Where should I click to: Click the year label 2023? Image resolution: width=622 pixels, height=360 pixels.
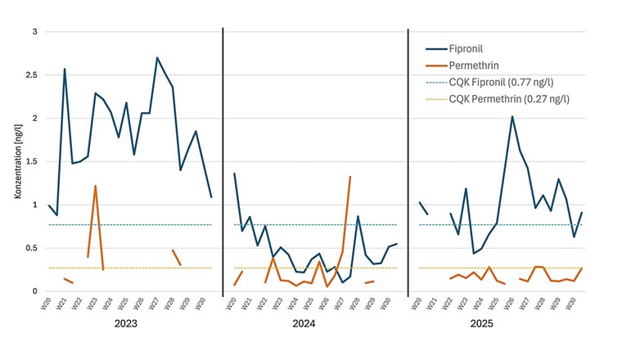pos(126,324)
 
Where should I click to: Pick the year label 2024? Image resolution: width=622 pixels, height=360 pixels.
pos(314,324)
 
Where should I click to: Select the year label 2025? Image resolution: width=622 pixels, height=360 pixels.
pos(502,324)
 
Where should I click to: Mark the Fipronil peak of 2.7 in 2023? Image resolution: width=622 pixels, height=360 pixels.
pos(157,57)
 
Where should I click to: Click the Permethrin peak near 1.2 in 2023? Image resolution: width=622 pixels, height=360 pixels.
pos(95,186)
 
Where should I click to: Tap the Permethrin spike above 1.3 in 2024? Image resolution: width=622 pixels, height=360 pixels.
pos(350,177)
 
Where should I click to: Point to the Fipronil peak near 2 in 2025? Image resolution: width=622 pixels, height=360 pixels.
pos(512,116)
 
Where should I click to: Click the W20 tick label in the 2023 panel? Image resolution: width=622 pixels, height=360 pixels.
pos(49,304)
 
